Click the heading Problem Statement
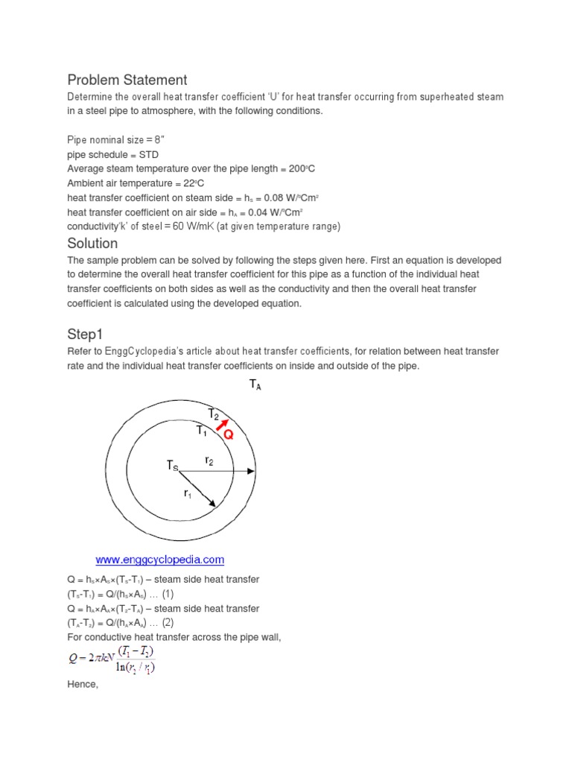[x=127, y=80]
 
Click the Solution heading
[x=92, y=244]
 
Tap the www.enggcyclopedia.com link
[x=160, y=560]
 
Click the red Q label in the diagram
[x=229, y=435]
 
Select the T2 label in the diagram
[x=214, y=414]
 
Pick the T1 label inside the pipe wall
[x=201, y=431]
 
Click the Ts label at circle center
[x=173, y=466]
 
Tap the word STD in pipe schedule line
[x=146, y=154]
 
